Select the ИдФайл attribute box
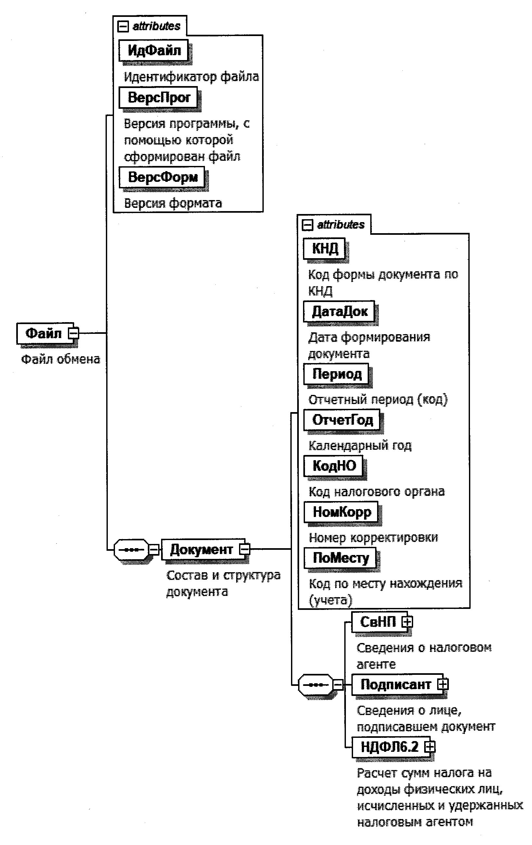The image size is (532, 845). [154, 51]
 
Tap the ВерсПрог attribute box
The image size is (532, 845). [158, 97]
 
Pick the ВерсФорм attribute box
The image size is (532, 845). [162, 177]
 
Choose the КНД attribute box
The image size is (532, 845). [324, 248]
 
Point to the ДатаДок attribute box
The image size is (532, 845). [339, 311]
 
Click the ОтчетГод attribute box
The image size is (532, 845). [342, 420]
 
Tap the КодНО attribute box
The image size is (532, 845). [333, 466]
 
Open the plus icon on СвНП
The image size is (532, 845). [407, 622]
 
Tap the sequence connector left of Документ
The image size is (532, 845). [131, 549]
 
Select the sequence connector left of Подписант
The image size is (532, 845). [315, 684]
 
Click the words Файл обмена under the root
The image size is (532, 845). [60, 359]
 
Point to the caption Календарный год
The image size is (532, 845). [360, 445]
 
